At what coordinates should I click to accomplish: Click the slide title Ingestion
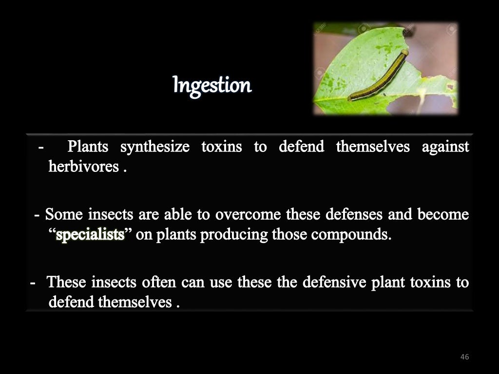click(x=212, y=86)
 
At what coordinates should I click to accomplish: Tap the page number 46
click(x=464, y=357)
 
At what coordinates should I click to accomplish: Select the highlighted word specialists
click(x=91, y=235)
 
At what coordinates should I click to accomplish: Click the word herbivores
click(x=84, y=167)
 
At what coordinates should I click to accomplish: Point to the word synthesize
click(x=154, y=147)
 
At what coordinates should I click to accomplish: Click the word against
click(x=446, y=147)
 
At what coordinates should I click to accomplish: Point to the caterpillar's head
click(x=404, y=53)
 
